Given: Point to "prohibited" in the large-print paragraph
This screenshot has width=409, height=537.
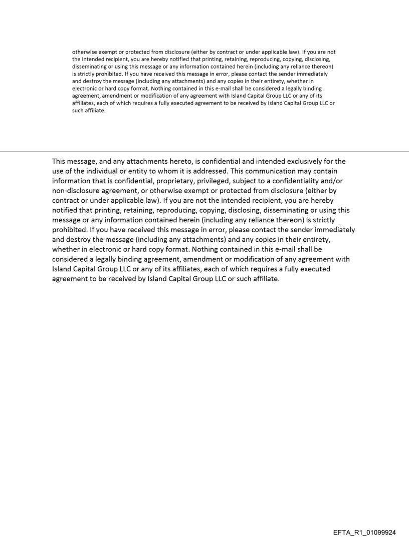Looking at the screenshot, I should (x=72, y=230).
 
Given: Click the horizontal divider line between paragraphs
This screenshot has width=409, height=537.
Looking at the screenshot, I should (x=204, y=151).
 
